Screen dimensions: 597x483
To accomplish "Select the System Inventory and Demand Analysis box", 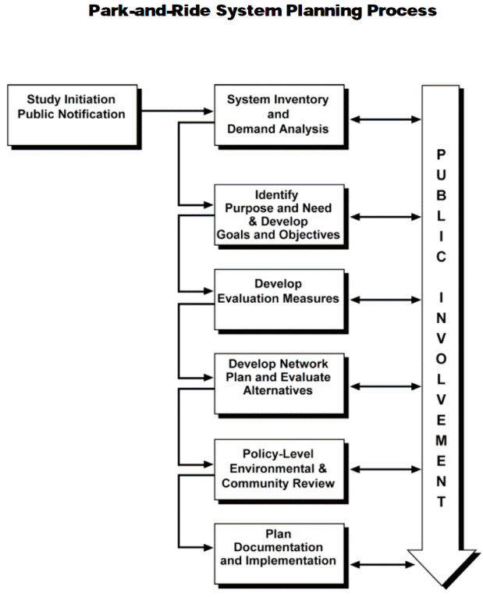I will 278,114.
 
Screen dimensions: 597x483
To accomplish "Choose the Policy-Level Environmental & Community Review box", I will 278,468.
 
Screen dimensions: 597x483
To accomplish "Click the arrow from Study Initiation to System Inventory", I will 176,110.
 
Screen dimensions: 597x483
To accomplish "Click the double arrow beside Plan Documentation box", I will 382,564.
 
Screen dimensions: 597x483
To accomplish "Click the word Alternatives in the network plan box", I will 278,390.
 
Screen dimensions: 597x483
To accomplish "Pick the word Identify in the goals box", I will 277,194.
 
